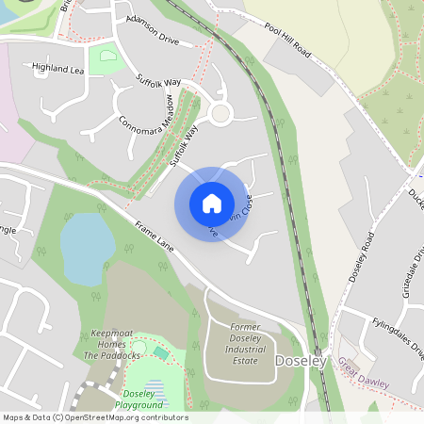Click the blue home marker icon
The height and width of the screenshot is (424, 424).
[212, 204]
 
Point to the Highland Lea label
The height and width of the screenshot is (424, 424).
[57, 69]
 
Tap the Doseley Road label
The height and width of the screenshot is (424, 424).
[361, 257]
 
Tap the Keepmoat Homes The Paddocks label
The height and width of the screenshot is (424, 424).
[115, 344]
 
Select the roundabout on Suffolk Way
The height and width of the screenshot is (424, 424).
[220, 114]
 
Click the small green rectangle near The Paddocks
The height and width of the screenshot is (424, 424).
[161, 352]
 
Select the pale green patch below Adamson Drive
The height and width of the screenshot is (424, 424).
[106, 57]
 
